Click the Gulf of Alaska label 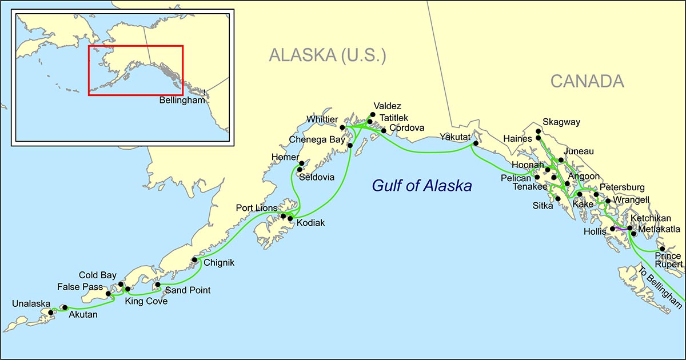[421, 186]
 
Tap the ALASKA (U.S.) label [328, 55]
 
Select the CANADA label [587, 82]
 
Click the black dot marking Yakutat [476, 145]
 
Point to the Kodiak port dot [290, 219]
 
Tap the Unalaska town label [31, 304]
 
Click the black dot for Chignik [195, 260]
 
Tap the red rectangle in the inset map [135, 46]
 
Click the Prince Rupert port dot [661, 249]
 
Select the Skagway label [561, 122]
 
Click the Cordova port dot [384, 131]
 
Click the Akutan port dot [65, 307]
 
